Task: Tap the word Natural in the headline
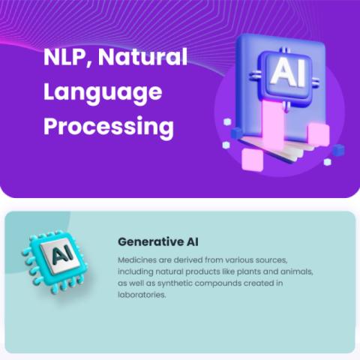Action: [142, 57]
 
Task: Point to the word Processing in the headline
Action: [109, 127]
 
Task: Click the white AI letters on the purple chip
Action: [288, 73]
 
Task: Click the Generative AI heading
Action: [158, 241]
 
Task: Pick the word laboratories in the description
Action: [142, 295]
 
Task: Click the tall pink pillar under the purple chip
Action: [273, 124]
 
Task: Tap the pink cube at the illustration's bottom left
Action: [253, 160]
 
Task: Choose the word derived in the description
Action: [188, 260]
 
